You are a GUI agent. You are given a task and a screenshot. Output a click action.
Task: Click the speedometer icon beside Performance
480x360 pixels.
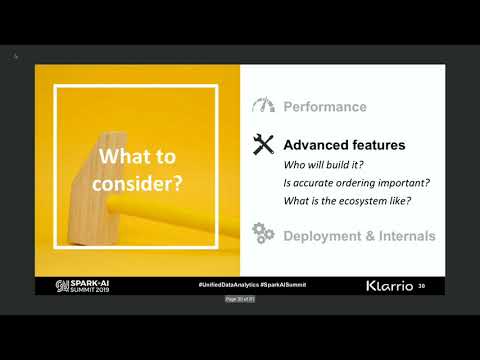click(264, 106)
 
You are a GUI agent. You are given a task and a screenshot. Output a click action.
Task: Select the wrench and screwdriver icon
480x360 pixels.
click(264, 145)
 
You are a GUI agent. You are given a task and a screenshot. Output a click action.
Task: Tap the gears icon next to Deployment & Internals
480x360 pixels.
click(264, 235)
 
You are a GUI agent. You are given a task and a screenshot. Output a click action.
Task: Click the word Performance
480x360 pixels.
click(325, 107)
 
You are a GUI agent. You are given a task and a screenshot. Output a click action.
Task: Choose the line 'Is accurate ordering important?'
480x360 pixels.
click(347, 183)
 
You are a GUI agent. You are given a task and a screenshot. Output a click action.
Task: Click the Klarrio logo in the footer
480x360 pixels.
click(390, 285)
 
